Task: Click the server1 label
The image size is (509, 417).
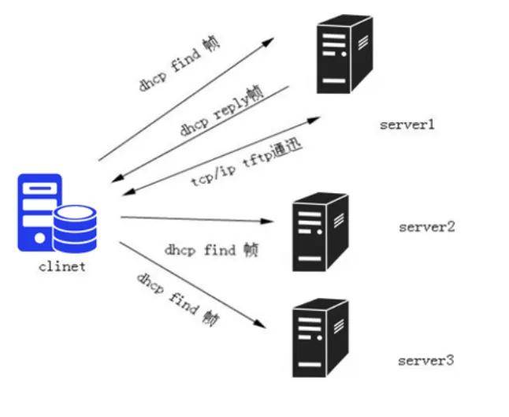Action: coord(407,125)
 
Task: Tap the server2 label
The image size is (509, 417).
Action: coord(426,227)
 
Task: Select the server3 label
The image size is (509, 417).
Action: coord(426,360)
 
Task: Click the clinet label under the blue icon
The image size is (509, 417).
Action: coord(62,266)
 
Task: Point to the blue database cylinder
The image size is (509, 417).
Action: coord(75,229)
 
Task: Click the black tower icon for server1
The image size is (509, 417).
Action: coord(344,54)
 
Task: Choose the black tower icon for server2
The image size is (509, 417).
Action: coord(321,232)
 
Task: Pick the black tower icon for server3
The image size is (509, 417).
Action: coord(321,337)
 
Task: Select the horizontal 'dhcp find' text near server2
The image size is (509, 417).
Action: coord(199,251)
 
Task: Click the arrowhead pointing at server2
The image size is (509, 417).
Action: coord(267,222)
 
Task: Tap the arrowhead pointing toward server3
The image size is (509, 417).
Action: coord(260,324)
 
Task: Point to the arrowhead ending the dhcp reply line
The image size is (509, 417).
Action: coord(117,178)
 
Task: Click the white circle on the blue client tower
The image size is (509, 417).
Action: coord(39,238)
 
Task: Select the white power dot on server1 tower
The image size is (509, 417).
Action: coord(344,54)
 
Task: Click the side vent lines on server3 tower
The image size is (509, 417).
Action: coord(339,326)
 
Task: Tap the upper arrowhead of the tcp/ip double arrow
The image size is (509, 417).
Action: coord(314,120)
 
